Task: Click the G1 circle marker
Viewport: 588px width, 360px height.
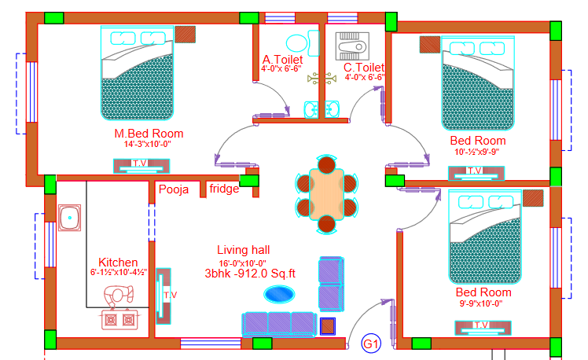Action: [371, 343]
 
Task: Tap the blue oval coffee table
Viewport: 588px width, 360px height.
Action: [279, 294]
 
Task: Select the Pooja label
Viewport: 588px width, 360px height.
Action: [174, 189]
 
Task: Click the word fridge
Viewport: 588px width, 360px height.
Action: [224, 188]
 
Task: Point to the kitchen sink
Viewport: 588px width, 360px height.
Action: [69, 218]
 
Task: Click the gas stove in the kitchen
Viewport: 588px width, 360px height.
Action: [119, 320]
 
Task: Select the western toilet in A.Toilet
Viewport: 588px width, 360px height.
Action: [302, 43]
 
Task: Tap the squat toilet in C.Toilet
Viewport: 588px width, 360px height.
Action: [352, 46]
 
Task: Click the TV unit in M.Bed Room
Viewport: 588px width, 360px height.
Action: [141, 166]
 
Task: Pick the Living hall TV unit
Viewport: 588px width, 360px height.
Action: [164, 296]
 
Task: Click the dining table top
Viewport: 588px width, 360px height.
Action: [327, 194]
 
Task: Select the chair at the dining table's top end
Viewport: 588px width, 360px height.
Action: [327, 164]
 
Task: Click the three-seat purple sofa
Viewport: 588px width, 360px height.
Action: [279, 324]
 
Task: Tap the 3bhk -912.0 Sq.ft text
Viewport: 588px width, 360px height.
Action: [250, 274]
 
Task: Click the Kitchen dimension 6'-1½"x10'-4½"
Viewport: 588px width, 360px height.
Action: [119, 273]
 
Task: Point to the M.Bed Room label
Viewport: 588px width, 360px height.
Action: [149, 134]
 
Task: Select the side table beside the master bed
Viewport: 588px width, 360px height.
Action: [186, 34]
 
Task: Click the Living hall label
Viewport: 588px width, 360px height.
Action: [244, 250]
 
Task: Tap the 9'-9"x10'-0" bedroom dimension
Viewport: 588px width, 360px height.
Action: [481, 303]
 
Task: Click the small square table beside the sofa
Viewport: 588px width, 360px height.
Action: [328, 326]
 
